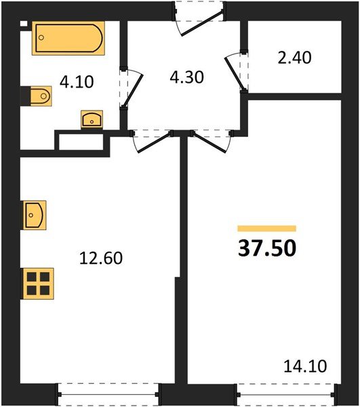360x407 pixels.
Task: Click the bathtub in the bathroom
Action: pyautogui.click(x=68, y=38)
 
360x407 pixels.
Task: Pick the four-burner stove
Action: pyautogui.click(x=39, y=282)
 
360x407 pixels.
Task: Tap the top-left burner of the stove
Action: pyautogui.click(x=33, y=276)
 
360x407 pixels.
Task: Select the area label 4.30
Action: pyautogui.click(x=186, y=76)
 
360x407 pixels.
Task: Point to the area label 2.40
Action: pyautogui.click(x=294, y=58)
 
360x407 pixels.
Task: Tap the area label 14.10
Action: pyautogui.click(x=305, y=367)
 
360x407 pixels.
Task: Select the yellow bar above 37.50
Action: pyautogui.click(x=267, y=229)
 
